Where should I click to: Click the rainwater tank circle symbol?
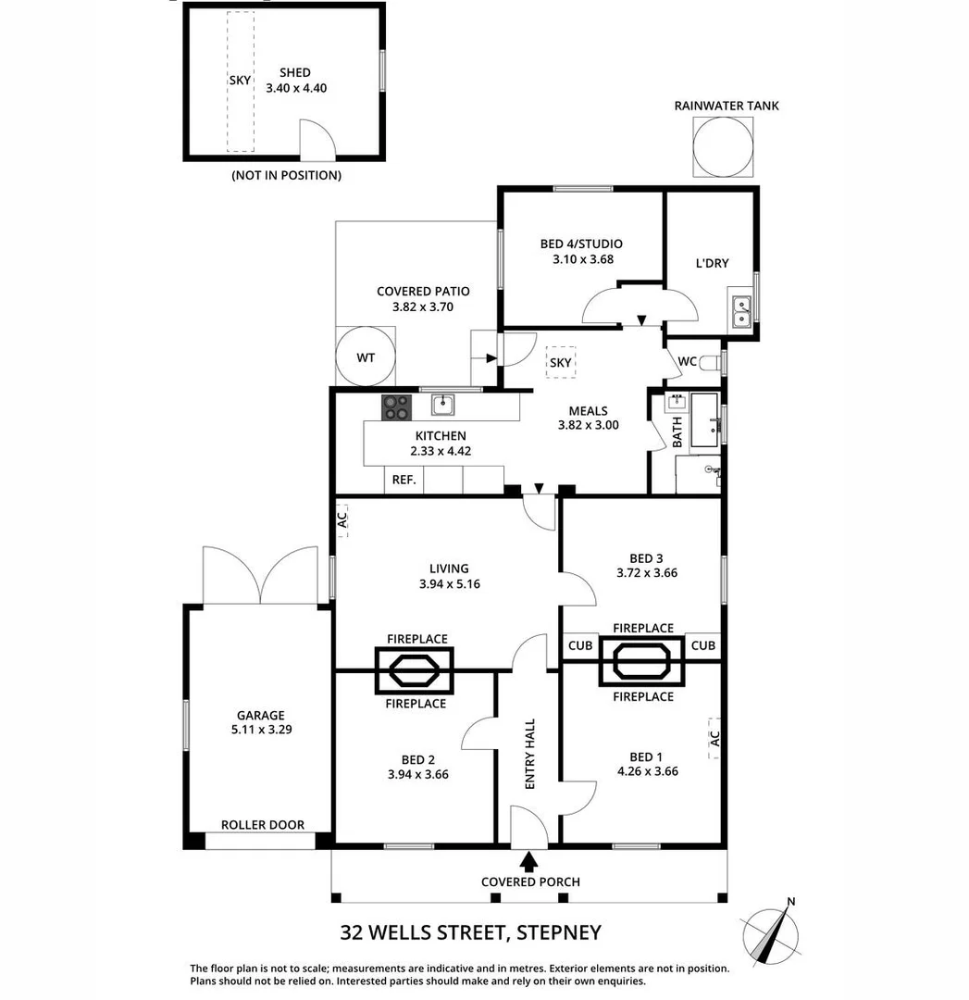pyautogui.click(x=726, y=145)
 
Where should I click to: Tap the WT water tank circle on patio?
pyautogui.click(x=366, y=356)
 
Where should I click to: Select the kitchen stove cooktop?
pyautogui.click(x=397, y=406)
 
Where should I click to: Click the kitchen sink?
pyautogui.click(x=442, y=405)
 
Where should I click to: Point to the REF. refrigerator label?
pyautogui.click(x=404, y=480)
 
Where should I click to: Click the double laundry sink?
pyautogui.click(x=741, y=312)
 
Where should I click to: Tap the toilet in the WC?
pyautogui.click(x=711, y=362)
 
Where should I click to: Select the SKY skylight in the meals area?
pyautogui.click(x=560, y=362)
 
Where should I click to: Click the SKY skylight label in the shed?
pyautogui.click(x=240, y=81)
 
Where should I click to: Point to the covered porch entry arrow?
pyautogui.click(x=528, y=862)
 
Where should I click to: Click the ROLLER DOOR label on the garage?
pyautogui.click(x=262, y=825)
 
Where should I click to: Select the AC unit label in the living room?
pyautogui.click(x=341, y=520)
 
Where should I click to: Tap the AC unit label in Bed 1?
pyautogui.click(x=714, y=738)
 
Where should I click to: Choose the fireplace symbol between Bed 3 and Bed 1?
pyautogui.click(x=642, y=662)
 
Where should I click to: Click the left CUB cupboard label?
pyautogui.click(x=580, y=645)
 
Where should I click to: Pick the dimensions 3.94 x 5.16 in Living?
pyautogui.click(x=449, y=584)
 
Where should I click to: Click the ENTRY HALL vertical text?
pyautogui.click(x=530, y=754)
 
